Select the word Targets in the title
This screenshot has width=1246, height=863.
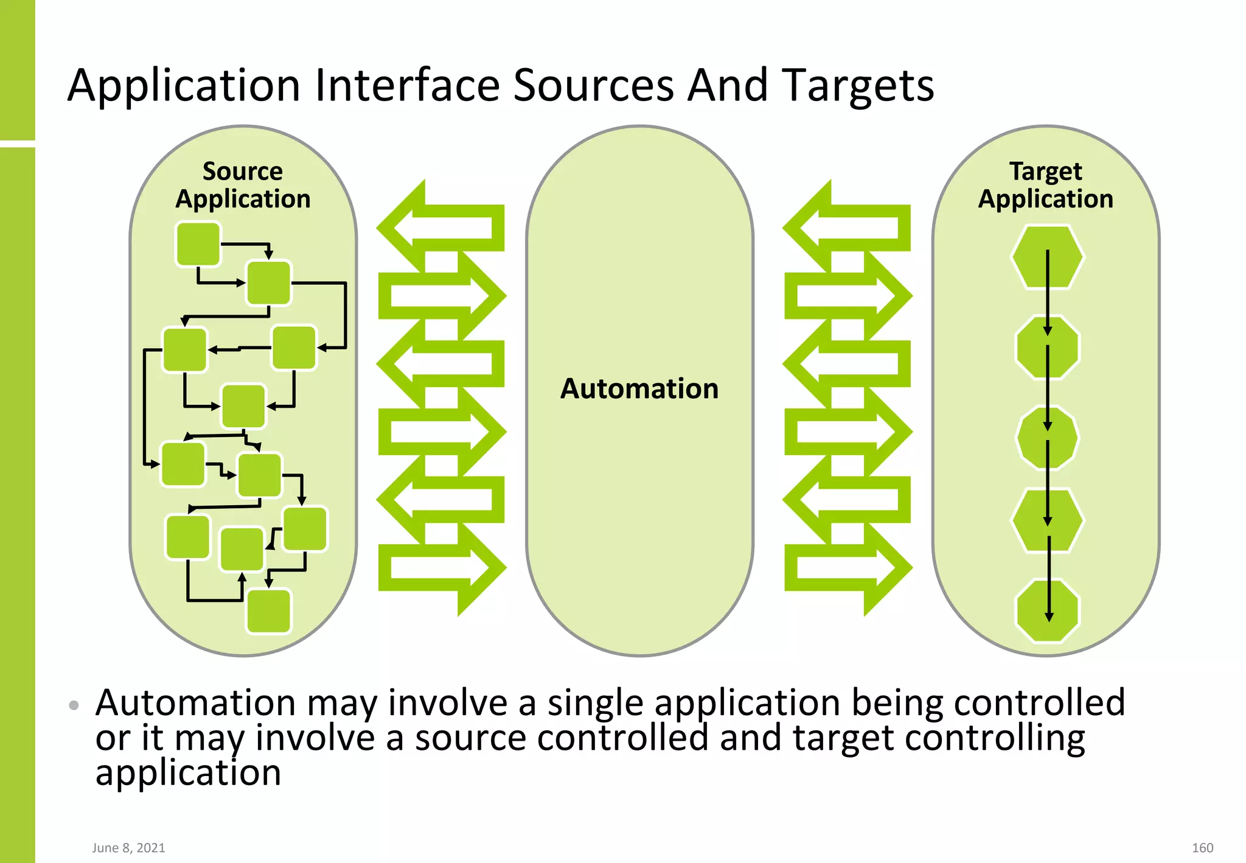(857, 86)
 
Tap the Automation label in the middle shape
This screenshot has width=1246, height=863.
(639, 389)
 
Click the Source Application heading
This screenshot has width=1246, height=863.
(243, 185)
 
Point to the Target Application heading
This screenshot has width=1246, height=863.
(1045, 185)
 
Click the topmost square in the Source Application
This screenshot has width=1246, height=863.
(198, 244)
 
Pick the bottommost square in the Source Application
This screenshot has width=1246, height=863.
(268, 611)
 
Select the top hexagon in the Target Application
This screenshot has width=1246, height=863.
(1047, 257)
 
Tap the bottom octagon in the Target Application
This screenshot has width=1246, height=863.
(1047, 610)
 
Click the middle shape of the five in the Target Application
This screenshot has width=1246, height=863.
(1047, 438)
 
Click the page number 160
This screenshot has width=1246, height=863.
(1202, 848)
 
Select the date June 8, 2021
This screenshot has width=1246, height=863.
(128, 848)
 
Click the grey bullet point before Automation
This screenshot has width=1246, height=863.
(74, 705)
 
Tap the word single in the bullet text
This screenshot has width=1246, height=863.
(595, 703)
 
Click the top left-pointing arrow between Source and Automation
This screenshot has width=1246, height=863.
(441, 228)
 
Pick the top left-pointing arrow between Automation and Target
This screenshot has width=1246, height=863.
(847, 228)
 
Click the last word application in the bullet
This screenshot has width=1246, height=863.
(188, 774)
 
